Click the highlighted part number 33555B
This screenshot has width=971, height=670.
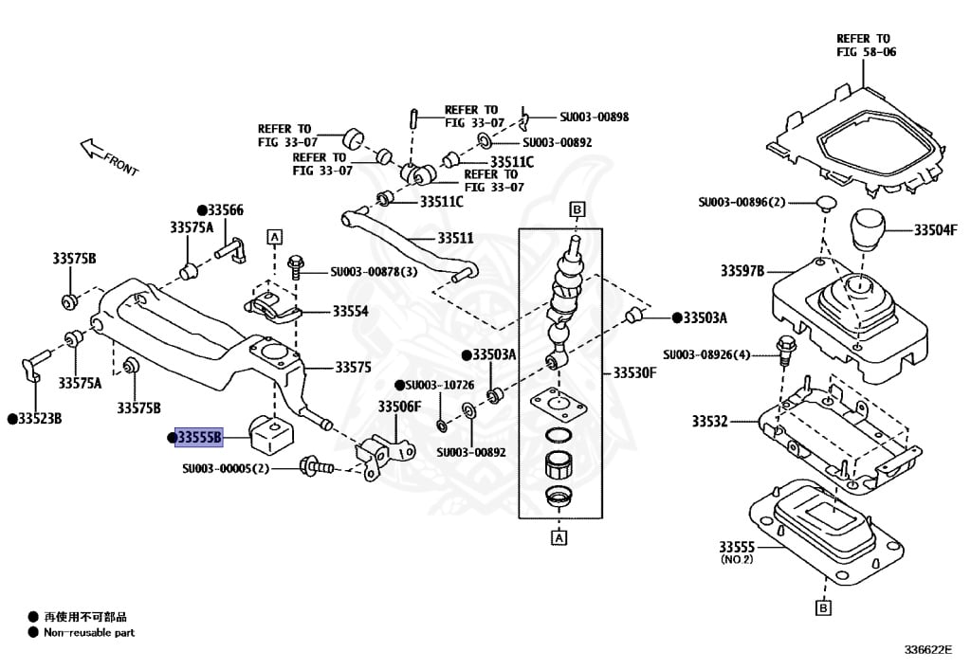(x=199, y=437)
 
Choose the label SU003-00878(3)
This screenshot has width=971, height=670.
(x=374, y=272)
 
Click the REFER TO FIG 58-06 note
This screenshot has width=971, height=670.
(x=865, y=45)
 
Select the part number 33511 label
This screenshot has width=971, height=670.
(x=455, y=239)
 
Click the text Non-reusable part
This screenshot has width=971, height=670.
(x=89, y=632)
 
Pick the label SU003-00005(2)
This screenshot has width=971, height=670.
(x=227, y=468)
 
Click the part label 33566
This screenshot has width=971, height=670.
(x=225, y=210)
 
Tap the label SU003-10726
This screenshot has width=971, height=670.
(x=437, y=386)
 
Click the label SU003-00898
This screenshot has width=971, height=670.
(x=594, y=118)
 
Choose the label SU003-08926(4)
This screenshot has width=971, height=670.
(x=706, y=354)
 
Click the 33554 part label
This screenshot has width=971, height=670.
(x=350, y=312)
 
